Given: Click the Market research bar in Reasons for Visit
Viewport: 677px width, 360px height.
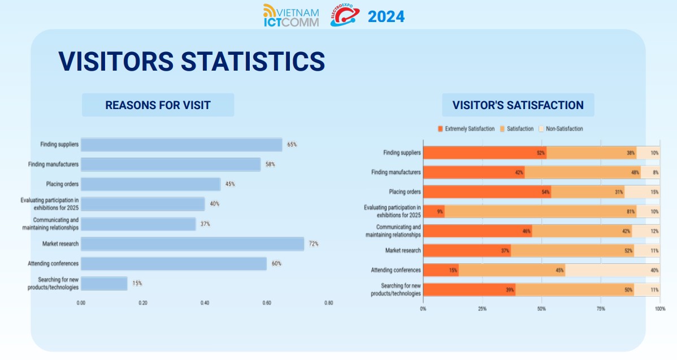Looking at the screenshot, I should tap(192, 244).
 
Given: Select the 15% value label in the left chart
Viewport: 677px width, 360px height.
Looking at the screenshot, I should tap(137, 283).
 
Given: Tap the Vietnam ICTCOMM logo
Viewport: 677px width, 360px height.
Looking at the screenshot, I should tap(291, 16).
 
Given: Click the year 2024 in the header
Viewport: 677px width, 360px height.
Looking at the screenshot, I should tap(386, 17).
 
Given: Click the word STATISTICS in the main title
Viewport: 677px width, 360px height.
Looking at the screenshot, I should tap(253, 61).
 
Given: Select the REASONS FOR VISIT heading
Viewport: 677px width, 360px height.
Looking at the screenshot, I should tap(158, 105).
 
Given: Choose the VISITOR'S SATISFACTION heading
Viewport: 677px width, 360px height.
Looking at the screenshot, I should tap(518, 105).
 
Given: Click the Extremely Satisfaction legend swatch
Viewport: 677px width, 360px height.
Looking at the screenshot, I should tap(440, 129).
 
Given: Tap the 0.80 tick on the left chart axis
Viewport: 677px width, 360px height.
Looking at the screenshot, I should tap(328, 303).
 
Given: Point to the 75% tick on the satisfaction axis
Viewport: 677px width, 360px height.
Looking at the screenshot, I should tap(601, 309).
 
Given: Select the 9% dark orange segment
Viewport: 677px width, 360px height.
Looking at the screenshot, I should tap(434, 212).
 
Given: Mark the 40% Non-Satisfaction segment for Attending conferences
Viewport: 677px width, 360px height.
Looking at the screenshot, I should tap(613, 270).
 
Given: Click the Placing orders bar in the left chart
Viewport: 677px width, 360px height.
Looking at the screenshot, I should tap(150, 184).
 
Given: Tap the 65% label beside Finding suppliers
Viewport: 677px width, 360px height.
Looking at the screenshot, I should tap(292, 145).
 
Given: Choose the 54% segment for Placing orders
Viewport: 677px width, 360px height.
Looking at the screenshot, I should tap(487, 192).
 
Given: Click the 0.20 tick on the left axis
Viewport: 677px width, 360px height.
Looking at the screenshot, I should tap(143, 303).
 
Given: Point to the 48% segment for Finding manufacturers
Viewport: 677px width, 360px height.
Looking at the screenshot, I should tap(582, 172).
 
